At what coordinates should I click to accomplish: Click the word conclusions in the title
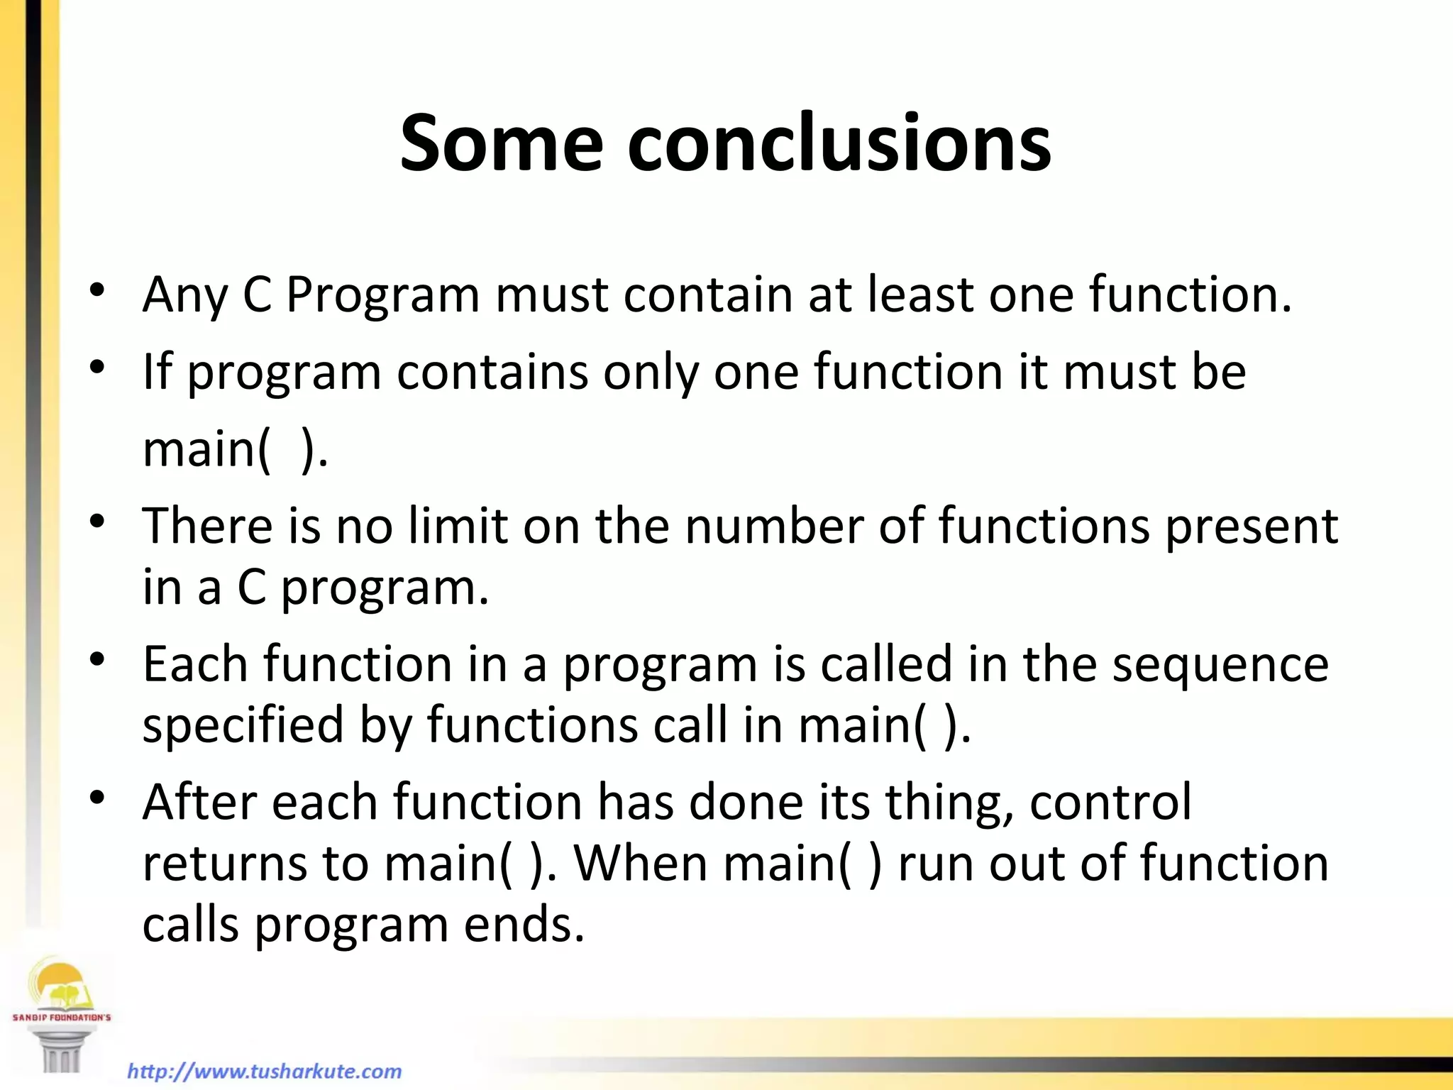[x=839, y=143]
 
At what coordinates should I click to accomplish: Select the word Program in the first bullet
[x=383, y=294]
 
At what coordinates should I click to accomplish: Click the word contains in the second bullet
[x=492, y=371]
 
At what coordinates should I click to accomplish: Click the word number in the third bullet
[x=774, y=526]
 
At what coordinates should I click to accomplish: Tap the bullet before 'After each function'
[x=97, y=798]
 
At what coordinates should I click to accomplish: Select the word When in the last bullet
[x=641, y=864]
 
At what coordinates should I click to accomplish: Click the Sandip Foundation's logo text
[x=62, y=1017]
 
